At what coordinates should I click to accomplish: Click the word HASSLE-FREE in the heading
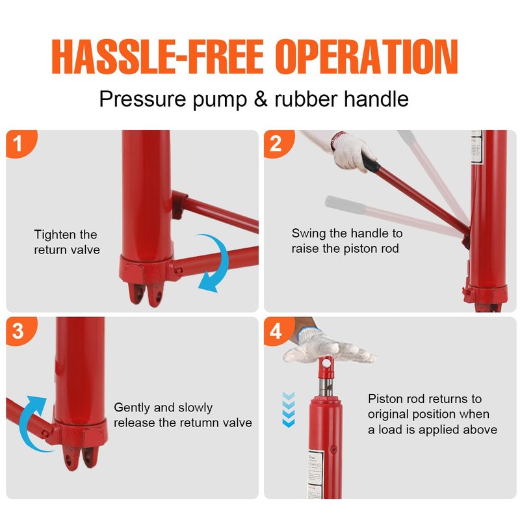point(157,57)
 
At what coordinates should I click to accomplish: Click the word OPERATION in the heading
point(367,57)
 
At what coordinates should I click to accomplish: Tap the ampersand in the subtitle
point(261,99)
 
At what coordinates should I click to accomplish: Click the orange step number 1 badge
point(20,143)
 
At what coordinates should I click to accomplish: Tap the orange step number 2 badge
point(278,143)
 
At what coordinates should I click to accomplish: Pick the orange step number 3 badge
point(20,331)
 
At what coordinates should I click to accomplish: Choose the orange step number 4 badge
point(278,331)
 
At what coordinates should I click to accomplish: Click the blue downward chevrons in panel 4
point(289,409)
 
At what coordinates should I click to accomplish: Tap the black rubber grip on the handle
point(370,162)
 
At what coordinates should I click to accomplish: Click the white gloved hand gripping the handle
point(352,151)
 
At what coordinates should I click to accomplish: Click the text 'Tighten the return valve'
point(66,242)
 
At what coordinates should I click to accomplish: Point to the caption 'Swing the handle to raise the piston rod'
point(347,240)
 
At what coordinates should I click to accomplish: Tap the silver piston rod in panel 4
point(326,386)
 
